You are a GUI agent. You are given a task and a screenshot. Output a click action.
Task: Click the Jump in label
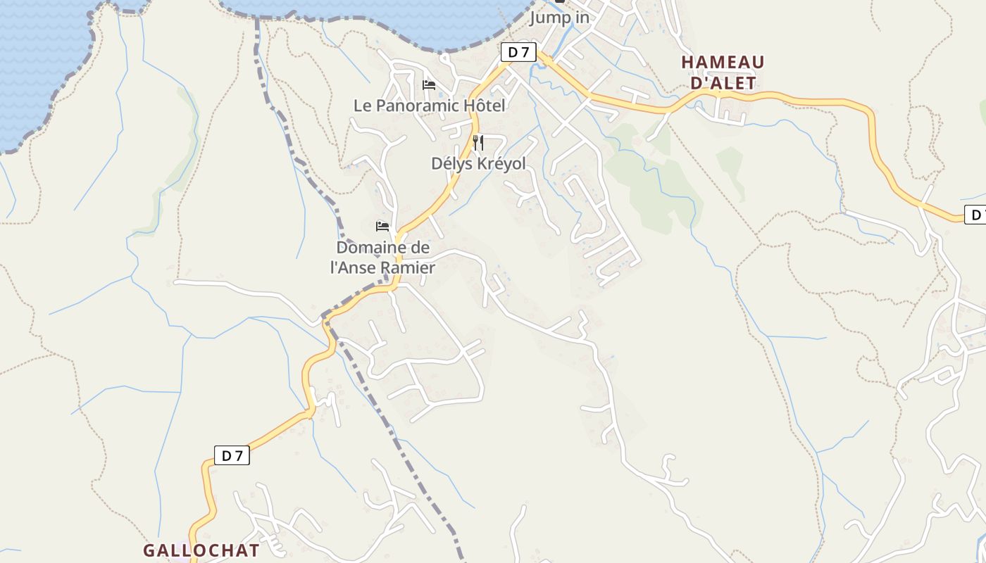pos(559,18)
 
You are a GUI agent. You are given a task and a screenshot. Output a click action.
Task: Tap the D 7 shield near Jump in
pos(518,51)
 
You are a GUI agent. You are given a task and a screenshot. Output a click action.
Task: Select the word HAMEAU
pos(723,63)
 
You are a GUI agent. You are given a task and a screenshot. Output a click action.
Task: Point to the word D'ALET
pos(723,83)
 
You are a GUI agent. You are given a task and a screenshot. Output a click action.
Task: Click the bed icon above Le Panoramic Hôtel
pos(429,85)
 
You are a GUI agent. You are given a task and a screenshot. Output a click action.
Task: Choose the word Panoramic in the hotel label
pos(418,106)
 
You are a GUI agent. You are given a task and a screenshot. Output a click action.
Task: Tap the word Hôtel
pos(485,106)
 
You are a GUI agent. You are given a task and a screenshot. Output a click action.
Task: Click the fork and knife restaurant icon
pos(478,143)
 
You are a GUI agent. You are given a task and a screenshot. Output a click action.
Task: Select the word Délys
pos(451,163)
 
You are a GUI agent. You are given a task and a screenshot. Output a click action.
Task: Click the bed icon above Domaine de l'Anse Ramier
pos(382,227)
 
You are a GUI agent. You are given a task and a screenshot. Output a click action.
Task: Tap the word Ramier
pos(408,268)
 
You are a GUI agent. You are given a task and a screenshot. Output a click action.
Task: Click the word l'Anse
pos(354,268)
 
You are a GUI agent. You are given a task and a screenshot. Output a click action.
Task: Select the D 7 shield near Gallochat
pos(232,455)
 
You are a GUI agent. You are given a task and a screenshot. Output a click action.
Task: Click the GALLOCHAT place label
pos(201,550)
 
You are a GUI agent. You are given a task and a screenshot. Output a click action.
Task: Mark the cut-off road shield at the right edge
pos(975,215)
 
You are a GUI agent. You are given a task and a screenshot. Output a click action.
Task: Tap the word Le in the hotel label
pos(362,106)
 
